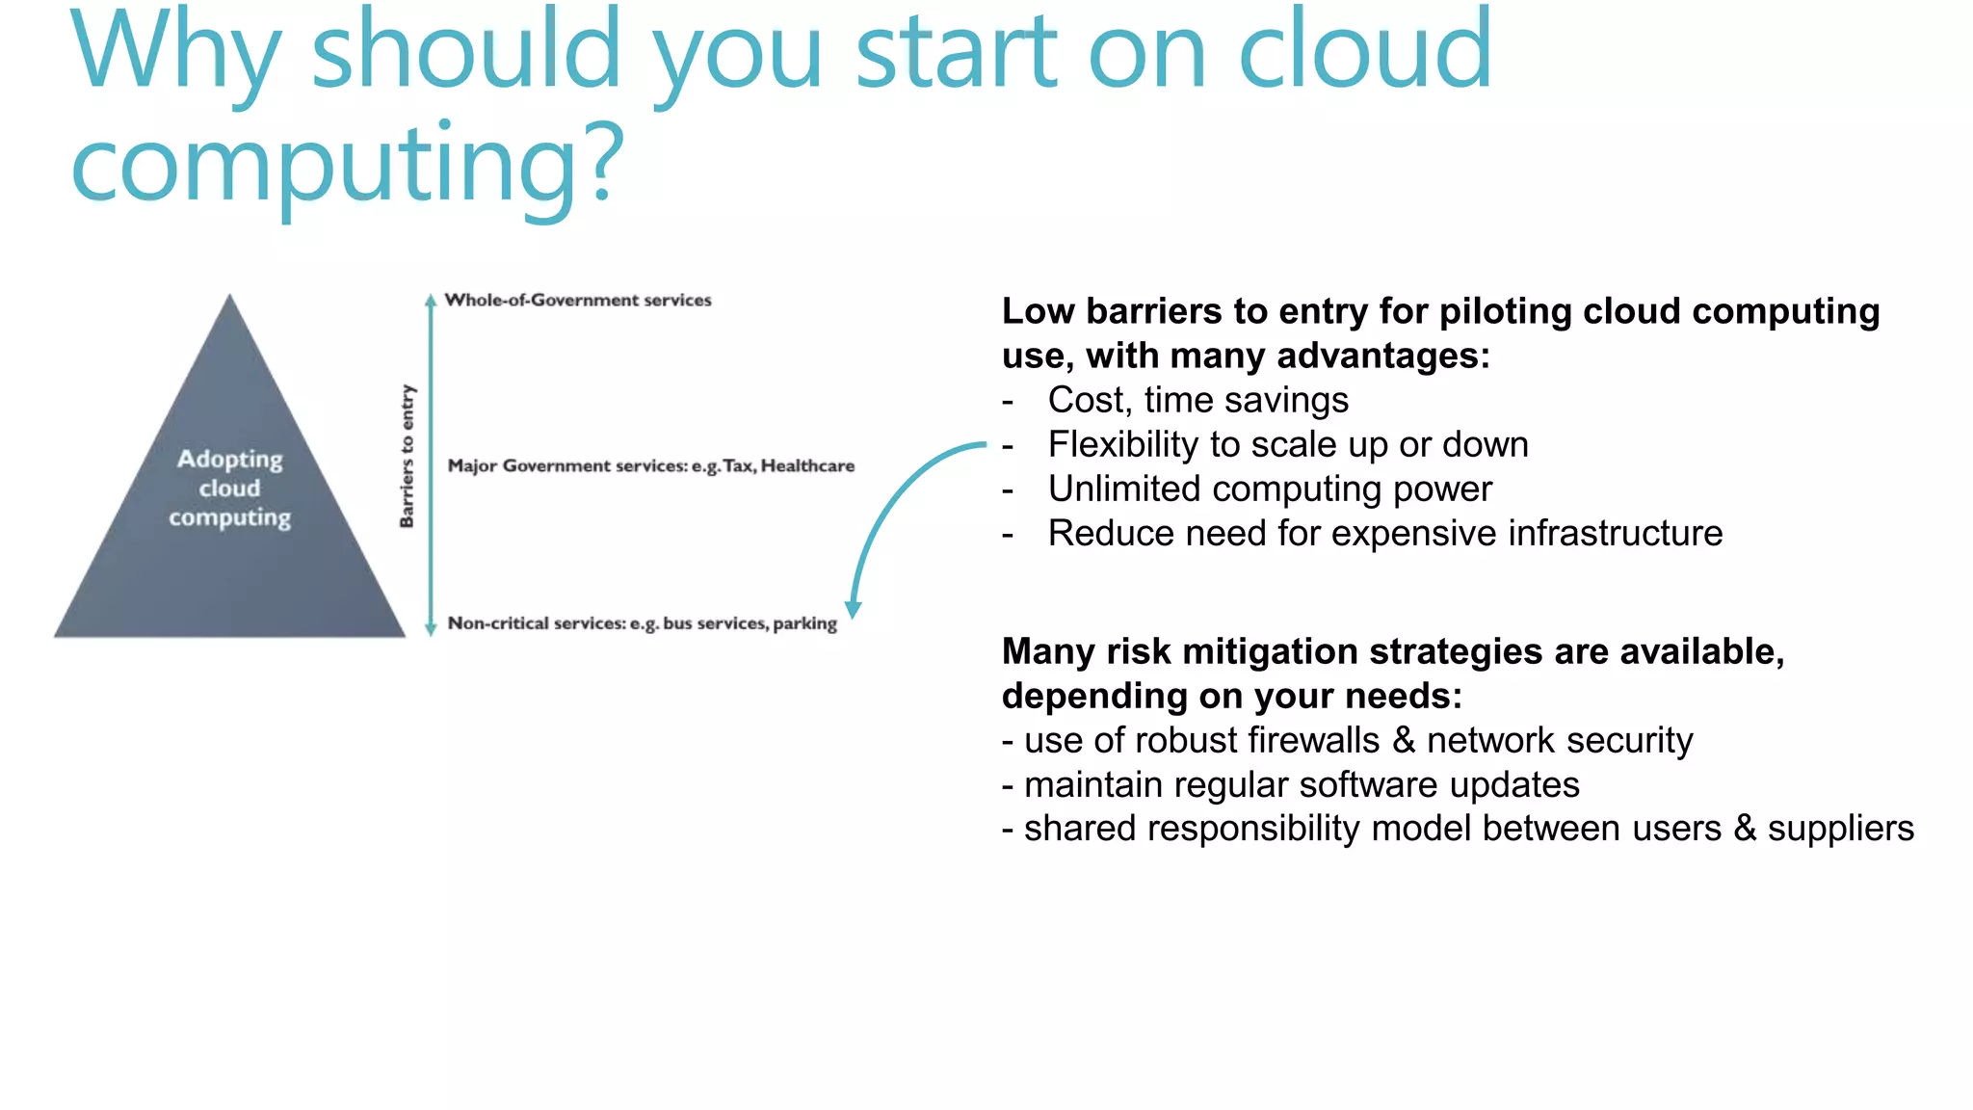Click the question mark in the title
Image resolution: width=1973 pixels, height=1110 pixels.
603,164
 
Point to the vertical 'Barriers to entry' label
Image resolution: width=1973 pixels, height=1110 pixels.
407,456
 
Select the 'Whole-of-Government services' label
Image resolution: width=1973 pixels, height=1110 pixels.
578,301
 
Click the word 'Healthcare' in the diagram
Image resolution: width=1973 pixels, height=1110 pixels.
807,466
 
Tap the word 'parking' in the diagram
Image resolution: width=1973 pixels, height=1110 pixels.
804,623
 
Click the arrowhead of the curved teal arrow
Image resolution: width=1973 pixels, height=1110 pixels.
853,609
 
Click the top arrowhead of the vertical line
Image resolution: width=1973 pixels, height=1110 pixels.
431,300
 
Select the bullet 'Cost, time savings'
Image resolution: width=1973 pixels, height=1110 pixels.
1197,400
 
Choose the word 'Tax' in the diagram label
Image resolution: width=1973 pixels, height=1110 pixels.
738,466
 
